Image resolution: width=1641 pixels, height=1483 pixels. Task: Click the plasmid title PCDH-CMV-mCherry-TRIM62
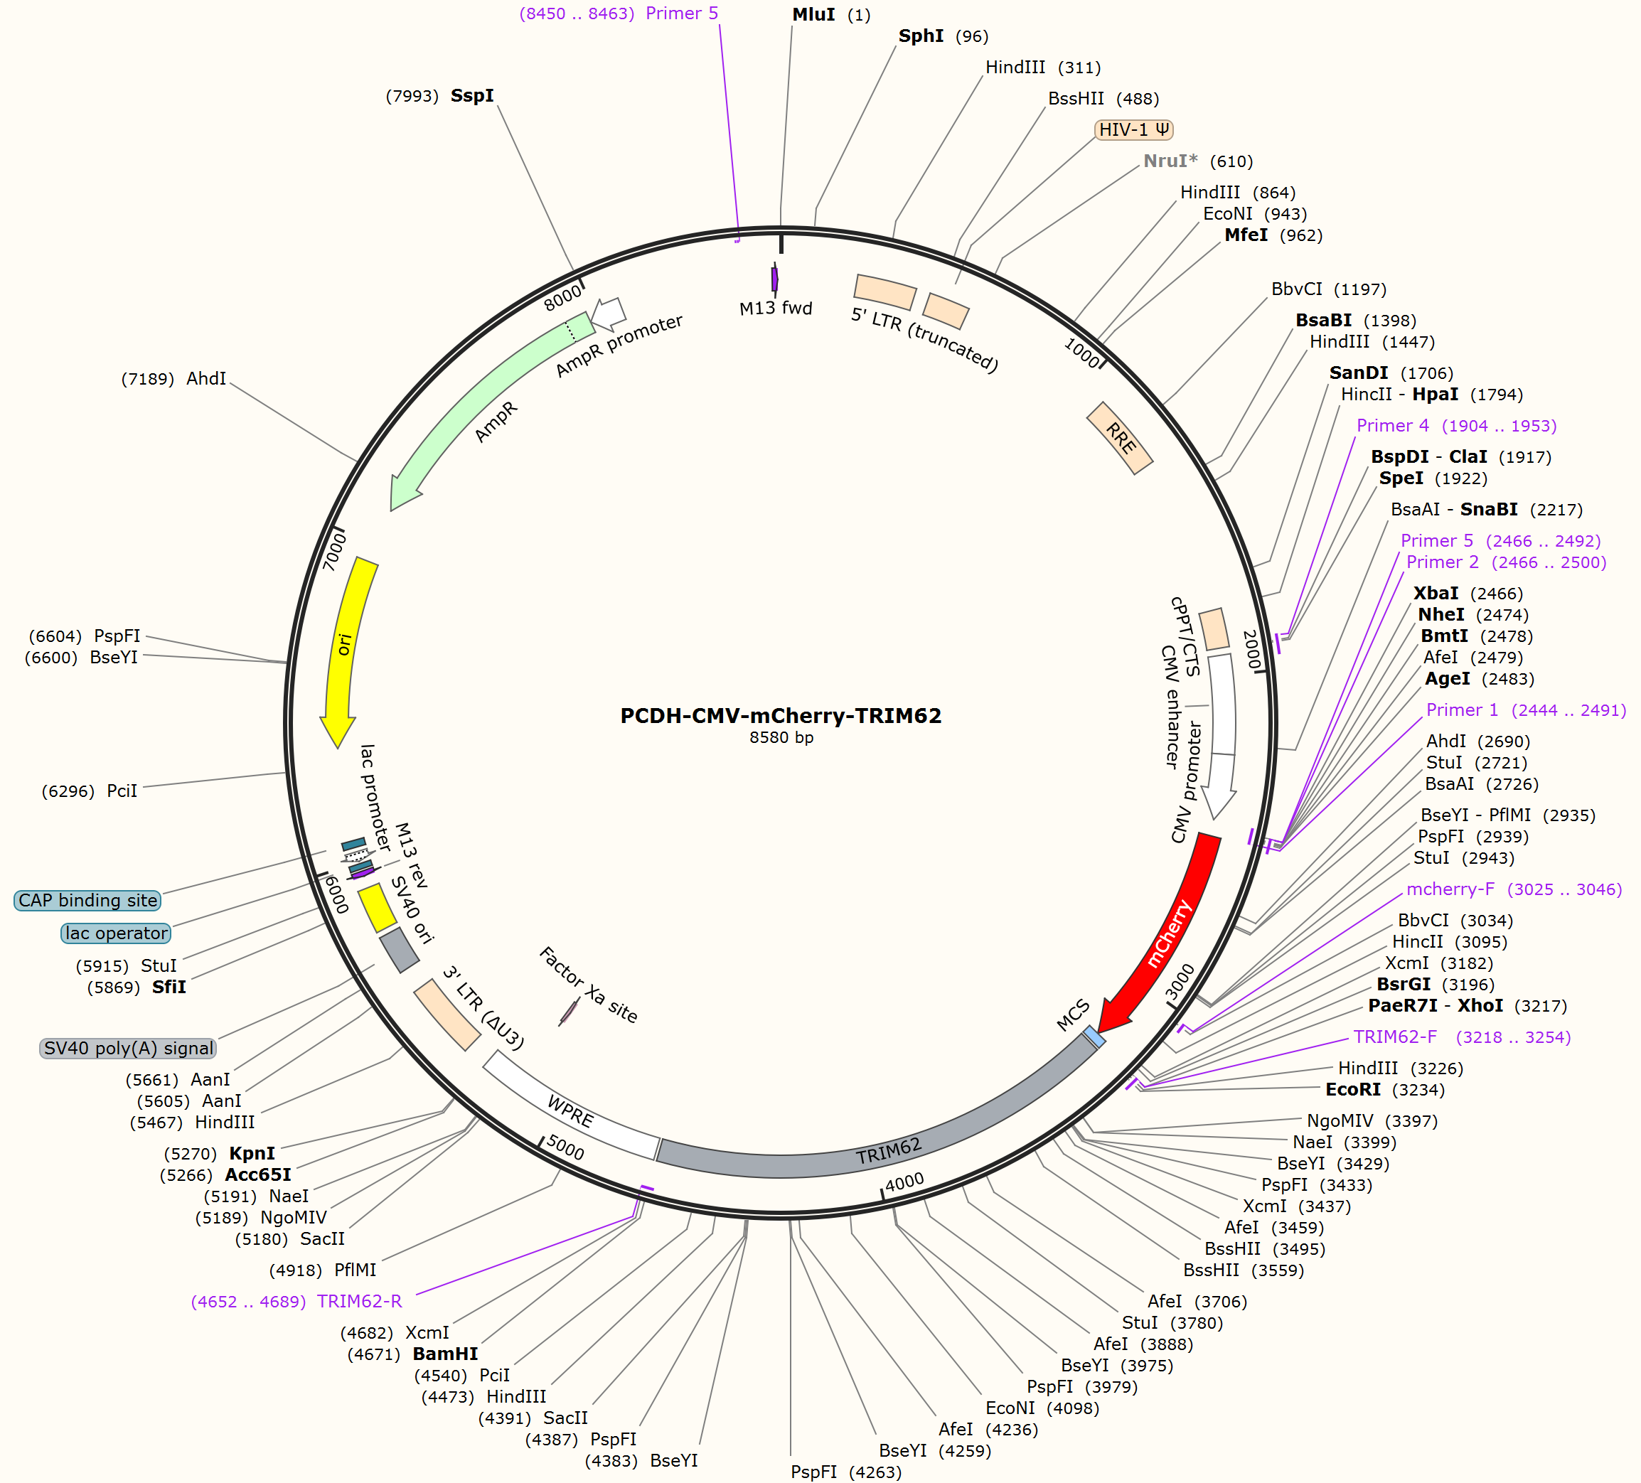781,715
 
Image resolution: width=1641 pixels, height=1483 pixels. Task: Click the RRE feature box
1120,438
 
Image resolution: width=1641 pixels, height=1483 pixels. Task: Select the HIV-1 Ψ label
1134,129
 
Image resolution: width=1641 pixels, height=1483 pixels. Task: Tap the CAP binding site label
88,900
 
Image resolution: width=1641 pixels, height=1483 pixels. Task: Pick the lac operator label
117,933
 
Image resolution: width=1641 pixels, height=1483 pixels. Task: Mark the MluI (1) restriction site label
831,15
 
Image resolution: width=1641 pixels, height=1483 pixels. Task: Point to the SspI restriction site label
472,95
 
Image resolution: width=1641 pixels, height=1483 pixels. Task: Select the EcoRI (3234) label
1384,1089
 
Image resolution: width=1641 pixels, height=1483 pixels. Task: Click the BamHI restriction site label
445,1354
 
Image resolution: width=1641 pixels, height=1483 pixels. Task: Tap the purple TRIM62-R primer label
360,1301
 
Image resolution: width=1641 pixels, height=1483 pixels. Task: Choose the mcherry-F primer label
1450,889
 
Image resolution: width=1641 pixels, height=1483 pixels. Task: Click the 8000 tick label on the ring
563,297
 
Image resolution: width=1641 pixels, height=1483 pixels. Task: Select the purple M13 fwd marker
775,279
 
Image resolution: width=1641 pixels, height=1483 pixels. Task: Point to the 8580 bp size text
781,737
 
